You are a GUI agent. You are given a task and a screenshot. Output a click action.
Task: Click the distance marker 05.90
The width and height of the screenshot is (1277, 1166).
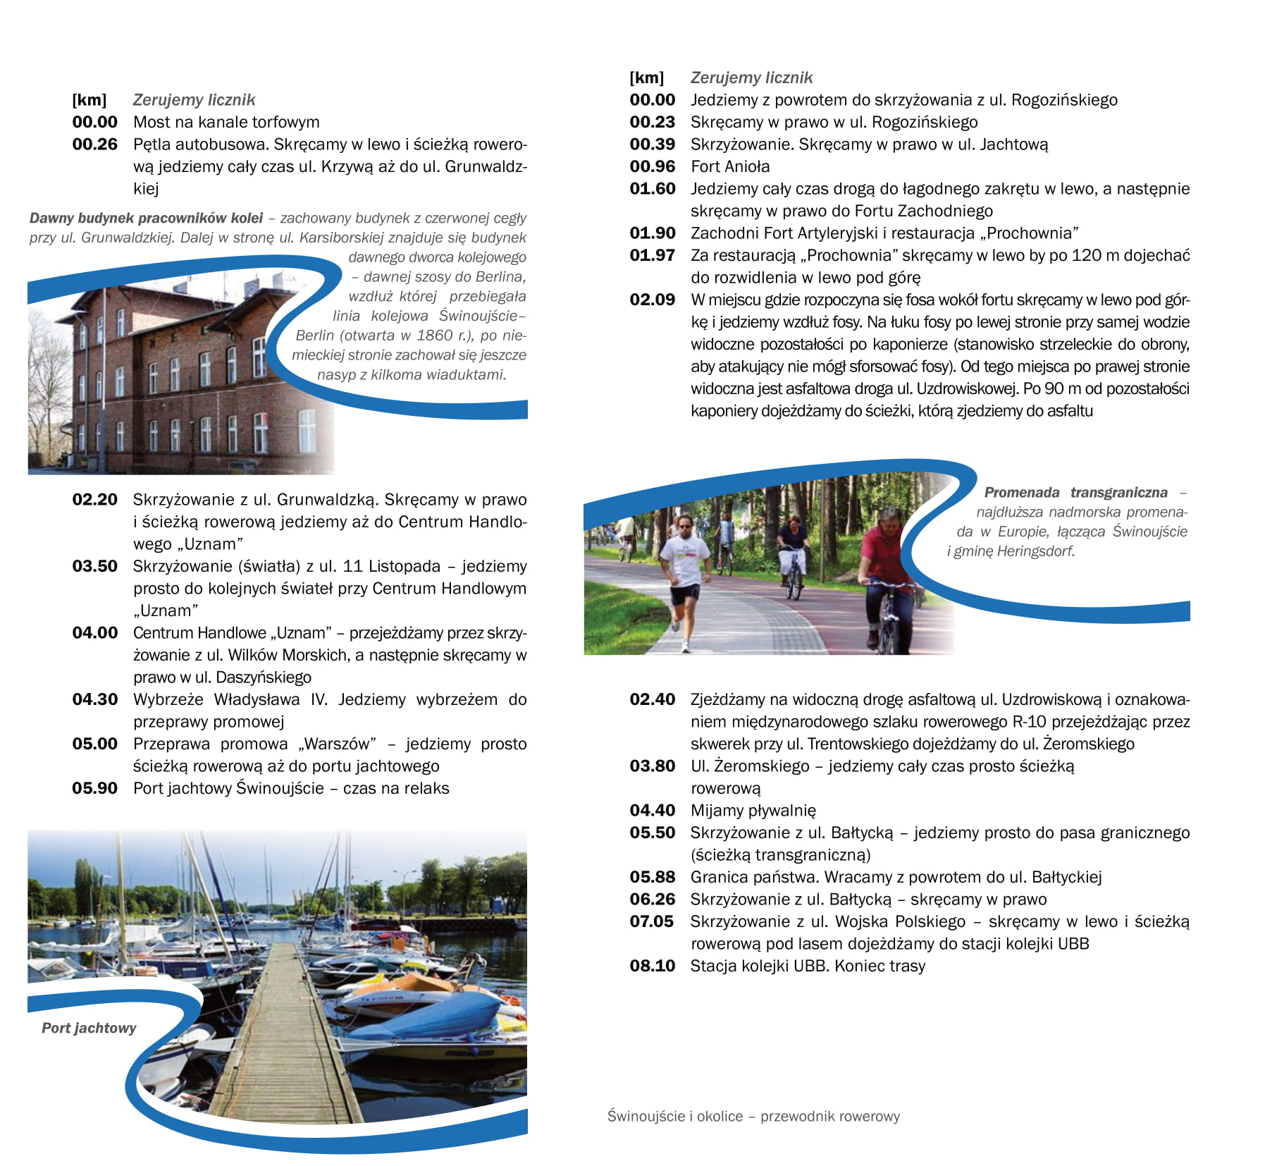(94, 788)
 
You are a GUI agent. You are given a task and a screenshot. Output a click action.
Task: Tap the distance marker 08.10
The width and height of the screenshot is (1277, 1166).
(652, 966)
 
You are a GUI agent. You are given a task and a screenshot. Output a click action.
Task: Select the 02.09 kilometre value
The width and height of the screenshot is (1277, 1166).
(652, 300)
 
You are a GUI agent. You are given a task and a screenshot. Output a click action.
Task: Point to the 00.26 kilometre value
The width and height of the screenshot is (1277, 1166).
(94, 145)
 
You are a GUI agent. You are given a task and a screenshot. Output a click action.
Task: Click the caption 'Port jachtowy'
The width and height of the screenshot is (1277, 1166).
(89, 1028)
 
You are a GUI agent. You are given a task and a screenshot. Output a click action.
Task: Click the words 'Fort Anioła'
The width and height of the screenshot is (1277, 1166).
(730, 167)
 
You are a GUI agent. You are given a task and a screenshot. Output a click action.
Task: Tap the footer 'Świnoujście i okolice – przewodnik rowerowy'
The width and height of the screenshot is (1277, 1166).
(753, 1116)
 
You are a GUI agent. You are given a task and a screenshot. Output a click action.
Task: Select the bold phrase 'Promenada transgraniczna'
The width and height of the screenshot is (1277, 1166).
(1075, 493)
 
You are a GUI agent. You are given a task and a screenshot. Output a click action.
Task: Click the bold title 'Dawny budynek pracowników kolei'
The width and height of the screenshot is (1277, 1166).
(146, 219)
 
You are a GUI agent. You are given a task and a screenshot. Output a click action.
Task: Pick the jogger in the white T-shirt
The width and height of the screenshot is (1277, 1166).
(684, 571)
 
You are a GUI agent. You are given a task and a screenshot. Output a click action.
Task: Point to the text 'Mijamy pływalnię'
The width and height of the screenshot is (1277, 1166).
(753, 811)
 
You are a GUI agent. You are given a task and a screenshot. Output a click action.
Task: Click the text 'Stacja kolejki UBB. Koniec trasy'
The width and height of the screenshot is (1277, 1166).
(808, 966)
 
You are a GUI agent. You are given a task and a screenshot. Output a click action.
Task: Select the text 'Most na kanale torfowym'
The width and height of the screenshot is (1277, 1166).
(226, 123)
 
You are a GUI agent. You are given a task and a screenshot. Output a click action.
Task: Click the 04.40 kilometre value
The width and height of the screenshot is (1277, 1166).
(652, 811)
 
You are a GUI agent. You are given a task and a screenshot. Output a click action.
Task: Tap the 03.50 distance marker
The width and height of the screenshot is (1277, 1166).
(94, 566)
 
